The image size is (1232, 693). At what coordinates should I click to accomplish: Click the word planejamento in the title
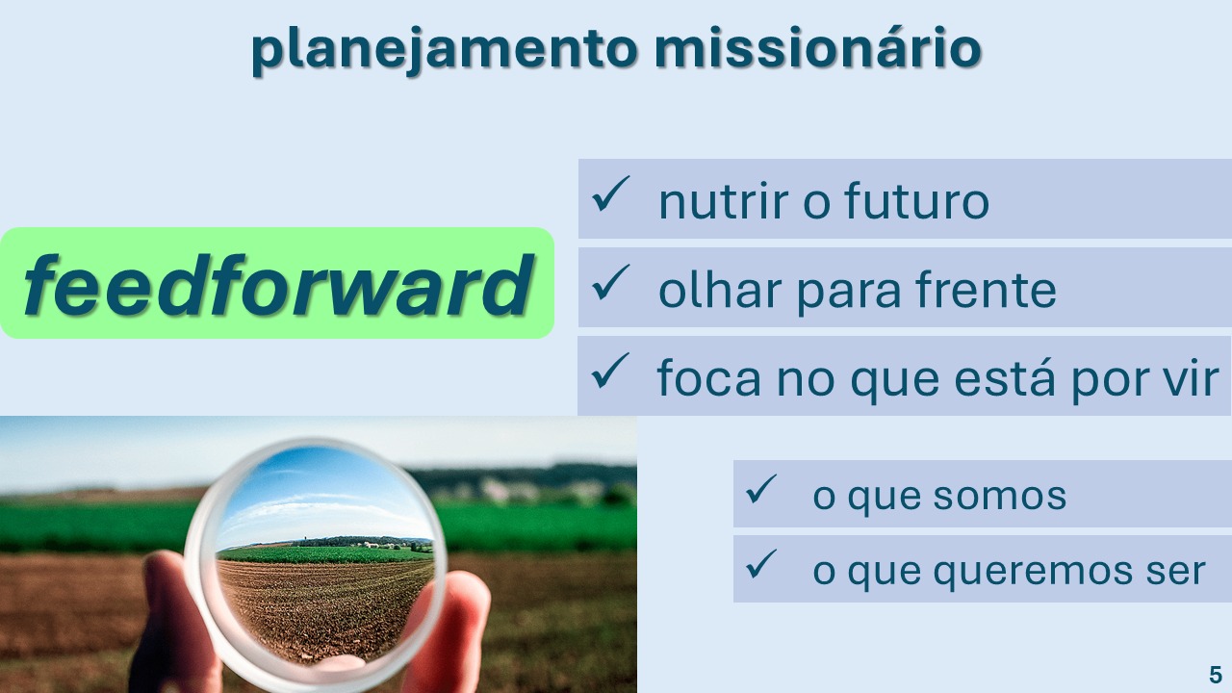[x=445, y=50]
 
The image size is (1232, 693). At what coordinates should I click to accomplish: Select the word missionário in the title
[x=818, y=47]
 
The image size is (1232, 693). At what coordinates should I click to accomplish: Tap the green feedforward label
[x=276, y=283]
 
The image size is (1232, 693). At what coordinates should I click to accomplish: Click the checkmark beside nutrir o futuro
[x=610, y=193]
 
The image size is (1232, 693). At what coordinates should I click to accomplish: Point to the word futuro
[x=917, y=200]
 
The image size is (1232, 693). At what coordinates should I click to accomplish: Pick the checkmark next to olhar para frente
[x=610, y=282]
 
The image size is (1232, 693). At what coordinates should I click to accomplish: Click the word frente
[x=986, y=290]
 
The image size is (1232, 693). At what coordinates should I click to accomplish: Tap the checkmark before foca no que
[x=610, y=371]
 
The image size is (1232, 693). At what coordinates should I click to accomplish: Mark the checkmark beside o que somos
[x=761, y=488]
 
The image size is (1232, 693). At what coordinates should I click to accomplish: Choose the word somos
[x=999, y=496]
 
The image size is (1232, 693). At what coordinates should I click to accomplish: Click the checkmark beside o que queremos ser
[x=761, y=564]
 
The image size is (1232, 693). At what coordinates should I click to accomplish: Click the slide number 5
[x=1216, y=675]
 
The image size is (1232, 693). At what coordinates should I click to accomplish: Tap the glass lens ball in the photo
[x=315, y=564]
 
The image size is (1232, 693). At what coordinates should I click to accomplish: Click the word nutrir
[x=724, y=201]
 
